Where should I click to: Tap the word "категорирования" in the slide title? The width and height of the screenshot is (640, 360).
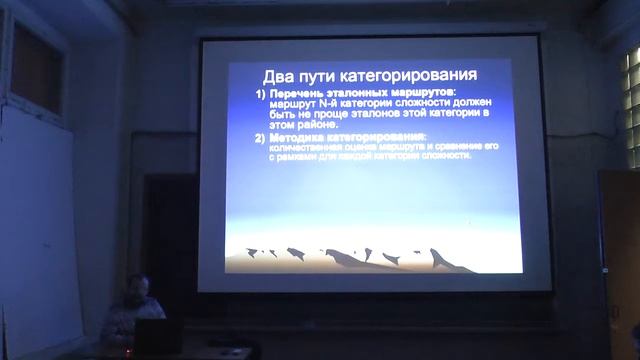pyautogui.click(x=415, y=76)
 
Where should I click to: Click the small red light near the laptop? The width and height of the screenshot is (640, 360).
pyautogui.click(x=127, y=351)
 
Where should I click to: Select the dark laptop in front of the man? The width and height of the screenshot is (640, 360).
pyautogui.click(x=157, y=338)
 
